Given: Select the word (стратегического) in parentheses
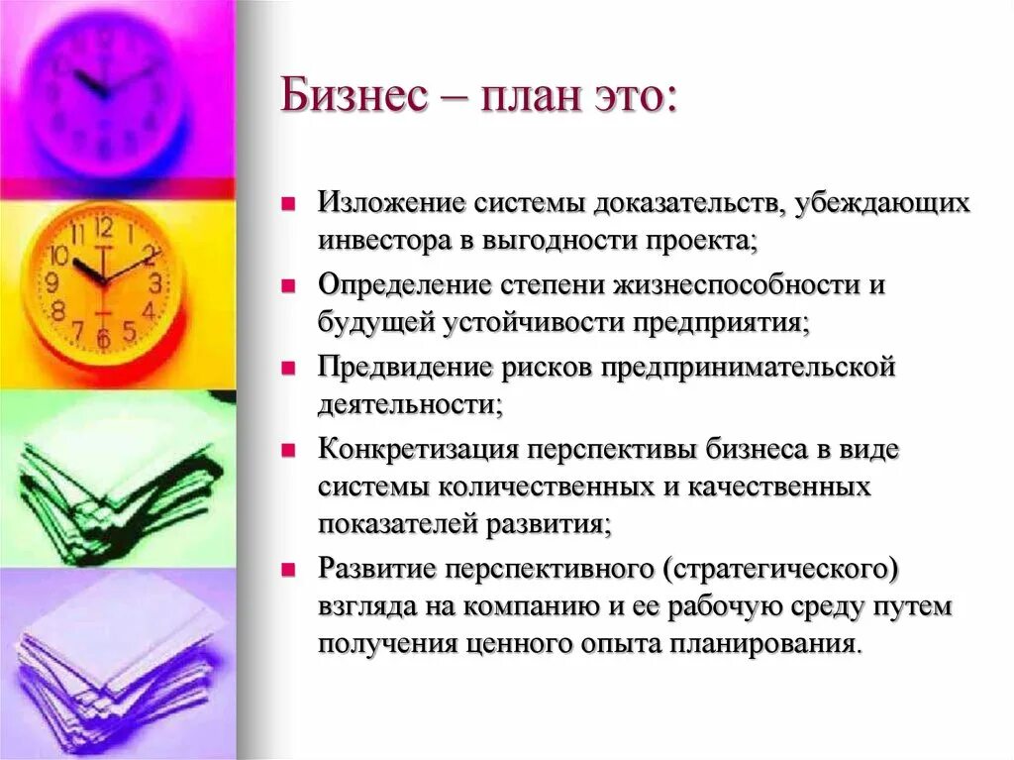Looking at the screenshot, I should pos(780,570).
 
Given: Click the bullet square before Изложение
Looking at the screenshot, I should pos(288,204).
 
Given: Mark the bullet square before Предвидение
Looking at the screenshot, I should pos(288,368).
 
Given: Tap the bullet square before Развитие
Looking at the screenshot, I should pos(288,571).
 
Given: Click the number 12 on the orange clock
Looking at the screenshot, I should pos(104,229).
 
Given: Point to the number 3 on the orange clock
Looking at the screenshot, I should pos(154,281).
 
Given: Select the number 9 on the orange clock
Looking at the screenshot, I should pos(51,281).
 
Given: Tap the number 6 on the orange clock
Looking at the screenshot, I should pos(103,337).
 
